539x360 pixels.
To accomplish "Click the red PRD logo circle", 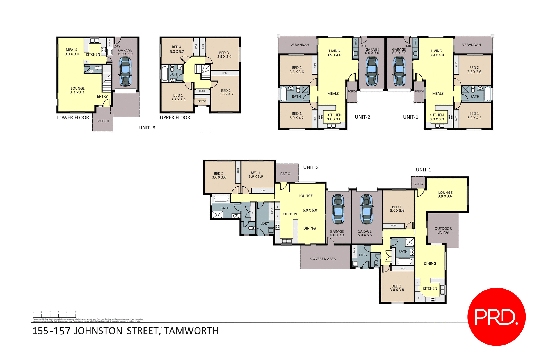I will (496, 316).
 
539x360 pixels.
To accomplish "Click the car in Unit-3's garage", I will (125, 72).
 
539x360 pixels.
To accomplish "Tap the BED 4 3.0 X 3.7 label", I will (177, 49).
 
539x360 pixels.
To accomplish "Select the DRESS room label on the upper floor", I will (202, 101).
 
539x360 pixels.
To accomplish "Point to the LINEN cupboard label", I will (202, 91).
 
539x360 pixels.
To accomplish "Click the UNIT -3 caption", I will (147, 128).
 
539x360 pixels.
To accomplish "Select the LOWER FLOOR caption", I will (73, 117).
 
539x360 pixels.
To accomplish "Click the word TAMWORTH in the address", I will (191, 331).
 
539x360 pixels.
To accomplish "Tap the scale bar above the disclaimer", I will (54, 315).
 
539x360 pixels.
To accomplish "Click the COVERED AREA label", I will (323, 259).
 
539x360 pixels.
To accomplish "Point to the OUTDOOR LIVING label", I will (443, 230).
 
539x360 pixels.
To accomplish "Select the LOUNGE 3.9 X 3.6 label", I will (445, 194).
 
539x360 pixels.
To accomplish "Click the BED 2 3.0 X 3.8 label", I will (396, 288).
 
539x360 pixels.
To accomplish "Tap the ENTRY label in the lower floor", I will (102, 96).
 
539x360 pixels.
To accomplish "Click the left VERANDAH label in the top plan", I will (300, 45).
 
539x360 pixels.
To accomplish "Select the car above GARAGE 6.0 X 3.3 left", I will (338, 209).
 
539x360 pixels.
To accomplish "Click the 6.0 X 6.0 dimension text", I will (310, 210).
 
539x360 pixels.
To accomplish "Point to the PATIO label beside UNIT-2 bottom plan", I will (285, 174).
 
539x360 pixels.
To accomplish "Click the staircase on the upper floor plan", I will (203, 71).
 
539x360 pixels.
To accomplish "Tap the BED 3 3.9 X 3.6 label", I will (224, 54).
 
